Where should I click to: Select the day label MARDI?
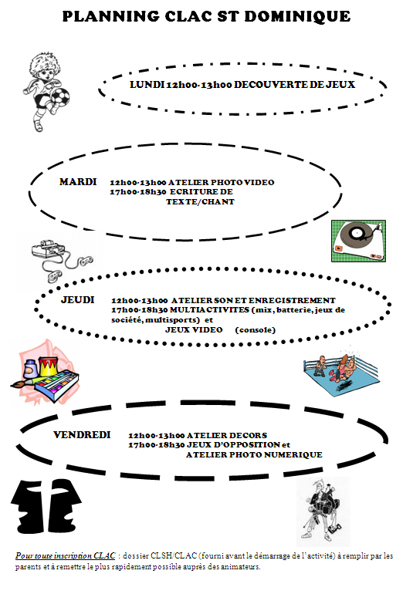78,182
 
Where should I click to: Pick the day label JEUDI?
78,299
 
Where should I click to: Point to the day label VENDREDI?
82,434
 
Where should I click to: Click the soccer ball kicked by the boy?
60,96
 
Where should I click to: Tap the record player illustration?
358,241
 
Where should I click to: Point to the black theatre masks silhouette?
46,506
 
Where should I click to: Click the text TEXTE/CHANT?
200,202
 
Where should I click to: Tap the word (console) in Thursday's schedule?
256,330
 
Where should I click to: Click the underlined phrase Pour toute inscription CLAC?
65,555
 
